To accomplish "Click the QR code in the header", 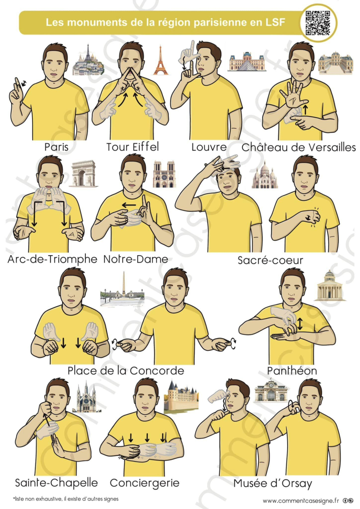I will [x=318, y=22].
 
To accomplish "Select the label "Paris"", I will [x=56, y=148].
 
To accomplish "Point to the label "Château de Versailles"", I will [x=298, y=148].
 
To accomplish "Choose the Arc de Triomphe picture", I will [x=83, y=173].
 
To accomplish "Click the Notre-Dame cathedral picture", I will [x=165, y=174].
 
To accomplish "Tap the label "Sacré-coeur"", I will [x=270, y=260].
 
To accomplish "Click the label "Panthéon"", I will [x=292, y=370].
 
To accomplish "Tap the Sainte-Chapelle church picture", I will [x=86, y=397].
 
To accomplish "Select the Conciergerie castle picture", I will [x=181, y=397].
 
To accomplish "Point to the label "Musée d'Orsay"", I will [x=273, y=483].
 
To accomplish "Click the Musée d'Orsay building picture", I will [x=271, y=390].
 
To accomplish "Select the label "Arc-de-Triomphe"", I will [x=52, y=259].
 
